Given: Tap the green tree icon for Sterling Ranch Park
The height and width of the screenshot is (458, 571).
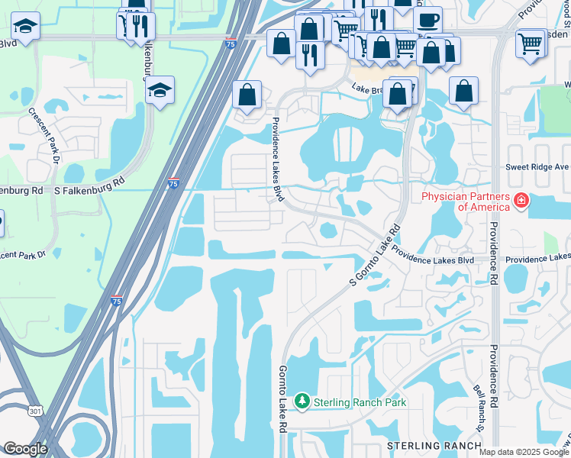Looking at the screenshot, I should (x=303, y=402).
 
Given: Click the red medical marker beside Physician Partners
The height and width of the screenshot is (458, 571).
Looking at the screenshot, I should (x=521, y=202).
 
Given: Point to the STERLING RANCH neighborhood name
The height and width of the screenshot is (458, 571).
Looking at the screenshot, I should (x=424, y=446).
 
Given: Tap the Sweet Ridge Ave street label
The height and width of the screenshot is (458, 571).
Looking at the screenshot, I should (x=537, y=167).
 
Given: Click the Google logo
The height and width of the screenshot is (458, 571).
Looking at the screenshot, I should (x=25, y=449).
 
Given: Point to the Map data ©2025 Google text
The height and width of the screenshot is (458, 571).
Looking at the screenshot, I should (x=523, y=452).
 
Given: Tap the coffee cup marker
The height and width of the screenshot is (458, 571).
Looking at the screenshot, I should (x=427, y=19).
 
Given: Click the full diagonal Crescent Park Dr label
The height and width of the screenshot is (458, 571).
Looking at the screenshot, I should (x=45, y=134).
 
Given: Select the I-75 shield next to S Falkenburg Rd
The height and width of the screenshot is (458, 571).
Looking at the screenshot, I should (x=174, y=184).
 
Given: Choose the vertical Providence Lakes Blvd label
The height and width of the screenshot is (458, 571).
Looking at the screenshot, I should (x=277, y=160).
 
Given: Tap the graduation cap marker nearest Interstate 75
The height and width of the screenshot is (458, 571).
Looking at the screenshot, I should (x=160, y=90).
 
